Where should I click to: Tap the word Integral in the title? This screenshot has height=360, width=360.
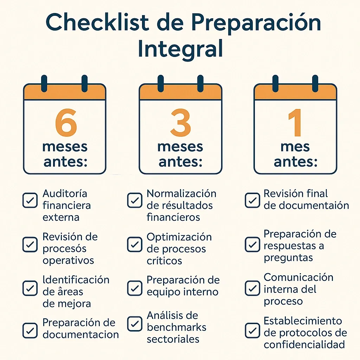point(180,49)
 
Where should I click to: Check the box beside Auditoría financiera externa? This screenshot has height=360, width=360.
point(30,200)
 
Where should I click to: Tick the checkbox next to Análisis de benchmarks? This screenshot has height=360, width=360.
point(134,324)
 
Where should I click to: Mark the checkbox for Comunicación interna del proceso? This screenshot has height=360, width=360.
point(252,288)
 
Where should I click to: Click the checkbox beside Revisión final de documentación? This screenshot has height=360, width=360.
point(252,200)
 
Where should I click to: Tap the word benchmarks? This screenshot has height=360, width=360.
point(176,327)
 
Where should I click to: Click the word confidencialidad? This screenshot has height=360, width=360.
point(304,345)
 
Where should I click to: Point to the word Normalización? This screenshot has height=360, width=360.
point(181,194)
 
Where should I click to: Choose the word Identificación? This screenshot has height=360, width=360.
point(76,280)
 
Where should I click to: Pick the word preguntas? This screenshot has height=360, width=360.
point(288,258)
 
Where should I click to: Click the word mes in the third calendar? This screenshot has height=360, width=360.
point(295,147)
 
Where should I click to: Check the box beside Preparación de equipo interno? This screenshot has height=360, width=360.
point(134,288)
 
